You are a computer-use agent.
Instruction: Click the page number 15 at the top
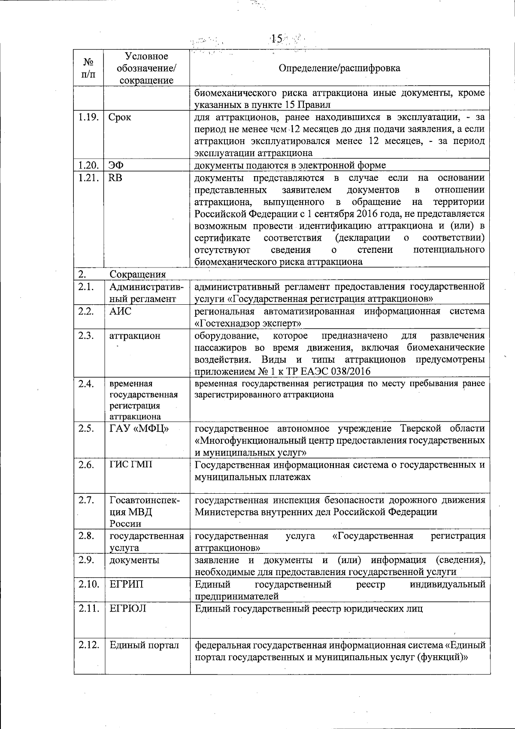pos(277,39)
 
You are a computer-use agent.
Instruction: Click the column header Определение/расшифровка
pos(339,68)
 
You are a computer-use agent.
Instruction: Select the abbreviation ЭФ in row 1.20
pos(115,165)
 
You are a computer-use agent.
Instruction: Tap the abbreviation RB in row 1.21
pos(115,178)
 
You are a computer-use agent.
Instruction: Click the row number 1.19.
pos(88,117)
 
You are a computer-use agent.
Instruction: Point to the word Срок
pos(120,117)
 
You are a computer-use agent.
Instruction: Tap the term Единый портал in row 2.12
pos(144,645)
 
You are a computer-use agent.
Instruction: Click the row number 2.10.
pos(88,584)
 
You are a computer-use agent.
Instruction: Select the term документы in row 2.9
pos(134,560)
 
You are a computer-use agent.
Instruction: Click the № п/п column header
pos(88,68)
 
